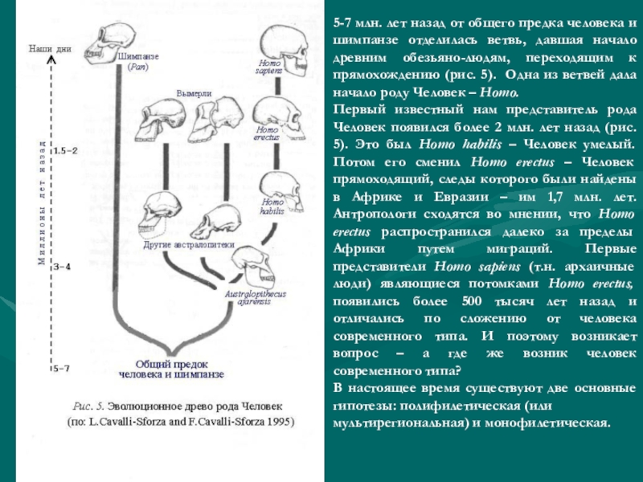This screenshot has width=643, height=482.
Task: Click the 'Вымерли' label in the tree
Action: point(194,94)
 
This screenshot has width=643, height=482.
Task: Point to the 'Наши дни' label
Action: point(50,49)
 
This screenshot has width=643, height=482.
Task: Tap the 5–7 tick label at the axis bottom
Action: point(62,369)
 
